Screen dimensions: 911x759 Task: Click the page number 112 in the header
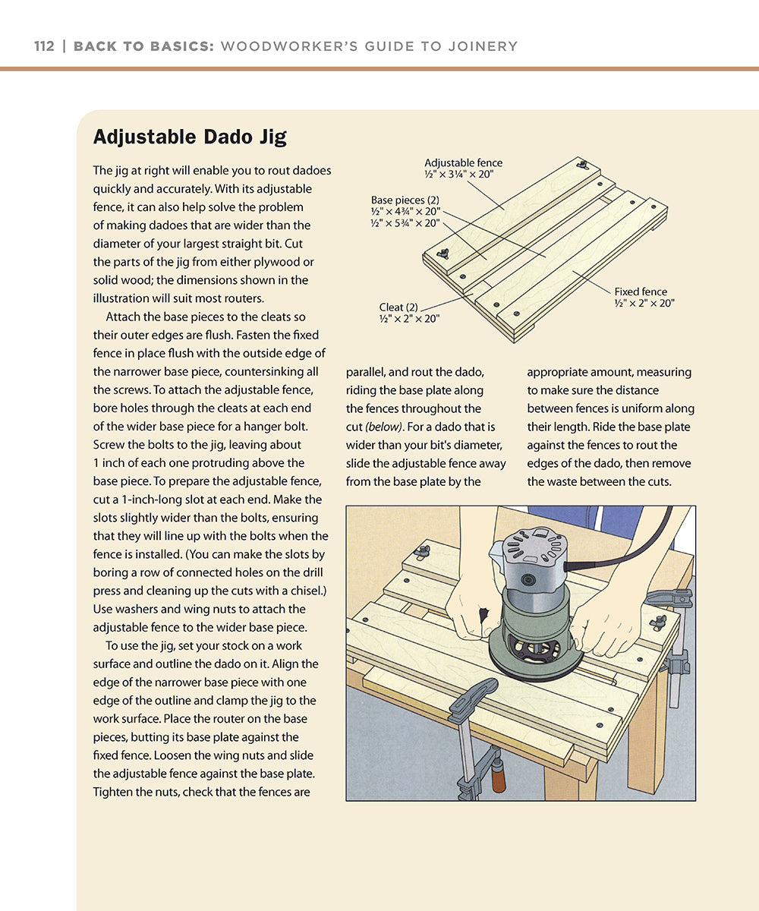point(44,46)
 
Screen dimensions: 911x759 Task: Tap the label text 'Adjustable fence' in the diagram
point(463,162)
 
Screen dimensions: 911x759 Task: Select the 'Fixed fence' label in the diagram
point(641,292)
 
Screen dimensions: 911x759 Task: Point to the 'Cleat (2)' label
point(398,307)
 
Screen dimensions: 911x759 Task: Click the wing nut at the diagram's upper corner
point(584,164)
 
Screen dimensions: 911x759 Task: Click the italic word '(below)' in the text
point(383,427)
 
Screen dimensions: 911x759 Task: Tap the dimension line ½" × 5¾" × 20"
point(405,223)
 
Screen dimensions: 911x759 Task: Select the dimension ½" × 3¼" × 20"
point(459,174)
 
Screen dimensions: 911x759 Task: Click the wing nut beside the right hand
point(657,622)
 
